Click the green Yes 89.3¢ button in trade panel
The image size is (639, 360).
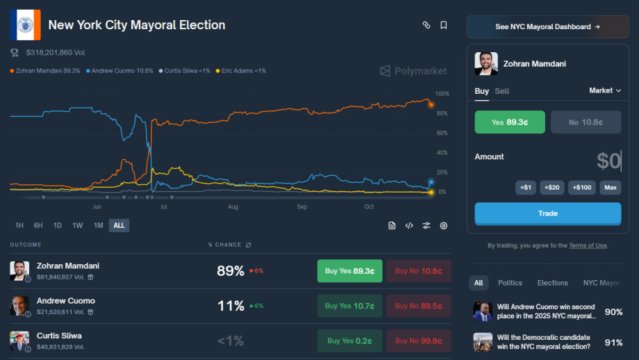coord(510,122)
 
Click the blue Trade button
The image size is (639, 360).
coord(547,213)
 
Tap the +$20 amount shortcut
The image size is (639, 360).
coord(551,187)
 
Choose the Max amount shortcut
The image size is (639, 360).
coord(611,187)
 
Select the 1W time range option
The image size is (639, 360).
coord(78,225)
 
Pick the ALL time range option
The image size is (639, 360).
coord(119,225)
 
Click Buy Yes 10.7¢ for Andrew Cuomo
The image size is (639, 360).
coord(349,306)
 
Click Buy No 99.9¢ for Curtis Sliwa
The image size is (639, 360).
coord(419,341)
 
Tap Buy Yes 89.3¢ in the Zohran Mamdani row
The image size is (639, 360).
coord(349,271)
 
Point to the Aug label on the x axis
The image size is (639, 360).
coord(233,207)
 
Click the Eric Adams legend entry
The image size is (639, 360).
coord(241,71)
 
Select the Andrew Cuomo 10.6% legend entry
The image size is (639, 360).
coord(122,71)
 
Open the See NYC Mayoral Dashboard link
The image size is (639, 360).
coord(547,27)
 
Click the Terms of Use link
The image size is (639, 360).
coord(588,245)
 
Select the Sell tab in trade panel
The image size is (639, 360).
coord(502,91)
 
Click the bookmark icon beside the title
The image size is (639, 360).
coord(444,25)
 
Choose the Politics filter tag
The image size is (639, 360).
coord(510,283)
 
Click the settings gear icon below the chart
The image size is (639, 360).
coord(444,225)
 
